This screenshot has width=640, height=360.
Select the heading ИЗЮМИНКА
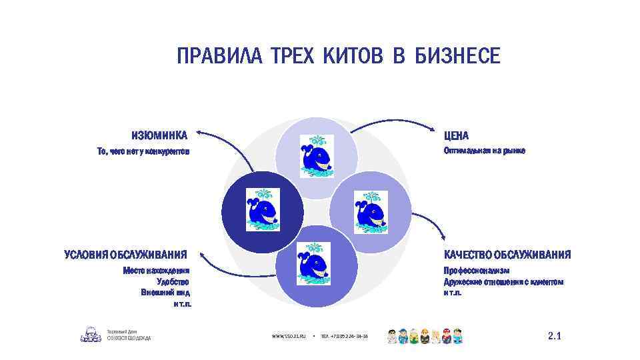point(159,135)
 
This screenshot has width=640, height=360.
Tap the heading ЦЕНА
point(457,135)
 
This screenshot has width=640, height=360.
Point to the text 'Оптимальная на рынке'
point(485,151)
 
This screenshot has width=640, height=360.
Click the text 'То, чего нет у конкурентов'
point(143,152)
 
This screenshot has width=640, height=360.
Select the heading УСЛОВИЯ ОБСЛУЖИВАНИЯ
point(125,255)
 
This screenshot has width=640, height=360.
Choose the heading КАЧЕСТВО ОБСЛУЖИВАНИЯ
point(507,255)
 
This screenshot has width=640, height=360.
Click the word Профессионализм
point(477,271)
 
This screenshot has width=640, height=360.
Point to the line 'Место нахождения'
point(157,271)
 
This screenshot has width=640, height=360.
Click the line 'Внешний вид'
point(166,292)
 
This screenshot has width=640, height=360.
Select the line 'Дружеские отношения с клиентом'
point(503,282)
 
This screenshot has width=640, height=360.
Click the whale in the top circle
point(315,157)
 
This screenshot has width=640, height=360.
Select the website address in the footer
point(288,337)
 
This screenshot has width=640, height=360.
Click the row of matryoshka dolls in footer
point(425,336)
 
